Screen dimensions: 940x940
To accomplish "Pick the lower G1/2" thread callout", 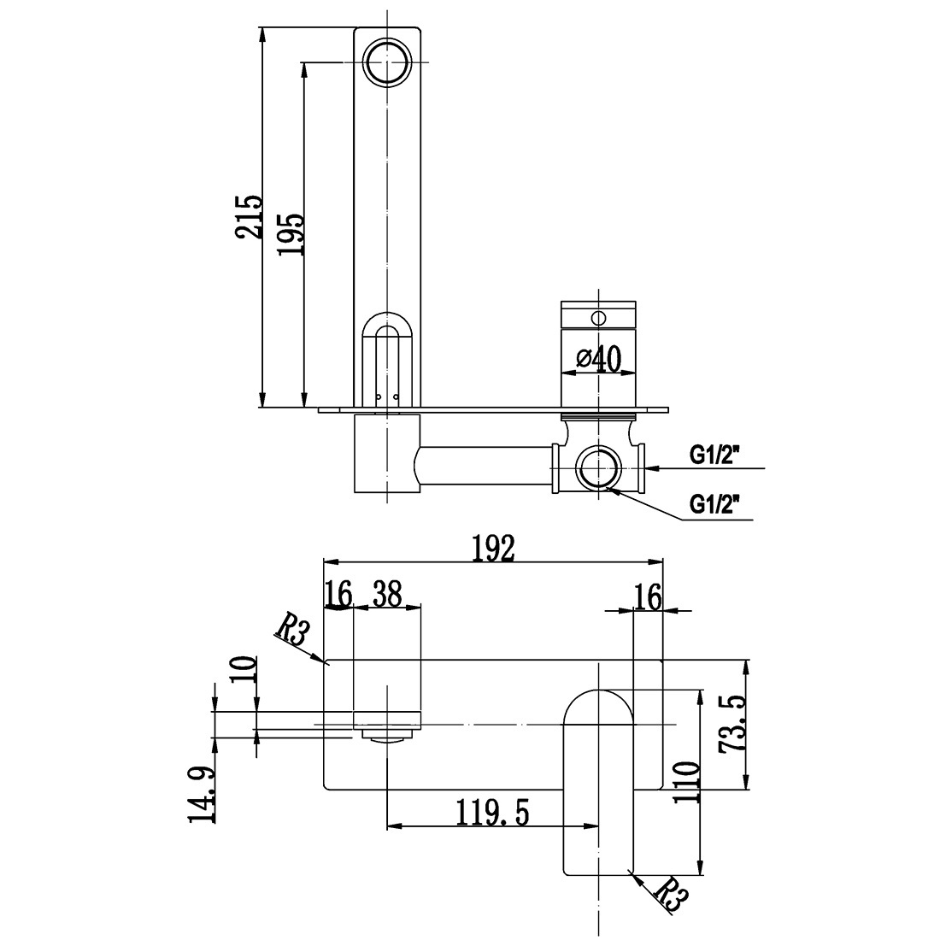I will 714,506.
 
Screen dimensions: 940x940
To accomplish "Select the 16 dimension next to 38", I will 338,595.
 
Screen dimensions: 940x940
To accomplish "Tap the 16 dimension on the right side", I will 648,596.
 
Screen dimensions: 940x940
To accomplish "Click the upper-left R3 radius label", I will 291,632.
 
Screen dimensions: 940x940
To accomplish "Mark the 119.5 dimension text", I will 492,813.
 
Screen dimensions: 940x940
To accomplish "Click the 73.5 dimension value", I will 732,723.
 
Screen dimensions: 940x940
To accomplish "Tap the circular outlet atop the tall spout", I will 388,62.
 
